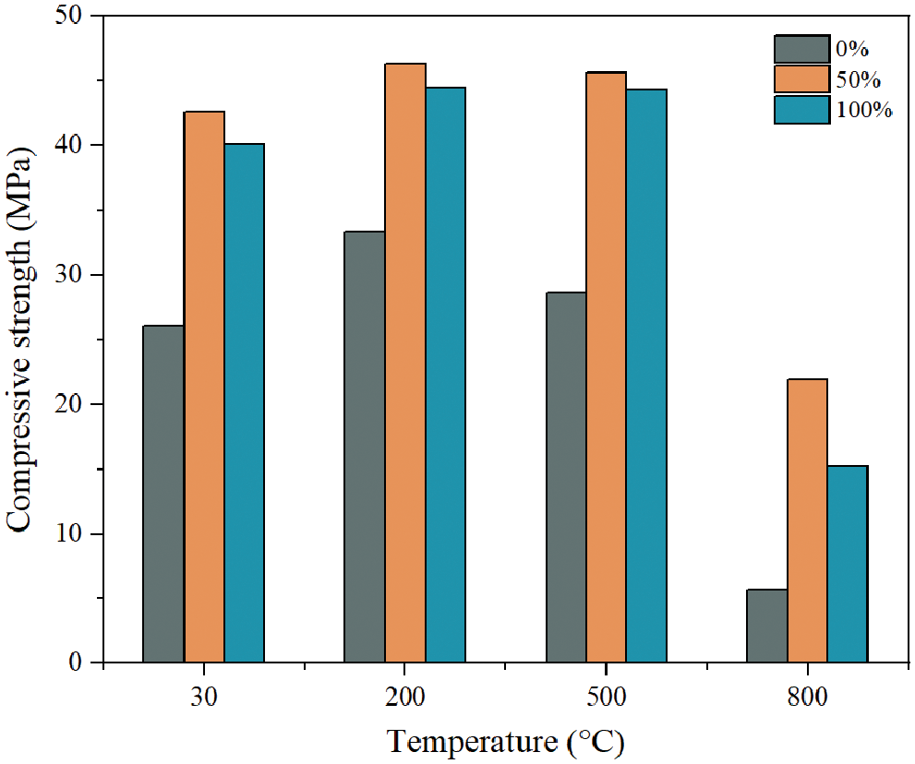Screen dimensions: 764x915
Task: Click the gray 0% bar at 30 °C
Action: tap(163, 494)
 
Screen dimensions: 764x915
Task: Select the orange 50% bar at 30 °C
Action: tap(204, 387)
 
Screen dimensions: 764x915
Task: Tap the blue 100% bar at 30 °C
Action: tap(244, 403)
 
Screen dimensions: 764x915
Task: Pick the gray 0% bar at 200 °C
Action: tap(364, 447)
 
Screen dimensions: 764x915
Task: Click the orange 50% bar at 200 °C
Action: tap(404, 363)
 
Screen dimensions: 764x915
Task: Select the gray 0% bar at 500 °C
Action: tap(565, 477)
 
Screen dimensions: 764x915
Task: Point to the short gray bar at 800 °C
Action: tap(766, 626)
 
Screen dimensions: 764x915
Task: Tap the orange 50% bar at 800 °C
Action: tap(807, 520)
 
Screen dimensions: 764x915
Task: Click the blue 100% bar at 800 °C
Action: tap(847, 564)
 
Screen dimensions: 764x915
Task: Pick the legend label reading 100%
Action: tap(864, 110)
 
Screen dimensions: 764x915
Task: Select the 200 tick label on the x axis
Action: tap(404, 698)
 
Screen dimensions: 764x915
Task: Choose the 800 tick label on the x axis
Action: tap(807, 698)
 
